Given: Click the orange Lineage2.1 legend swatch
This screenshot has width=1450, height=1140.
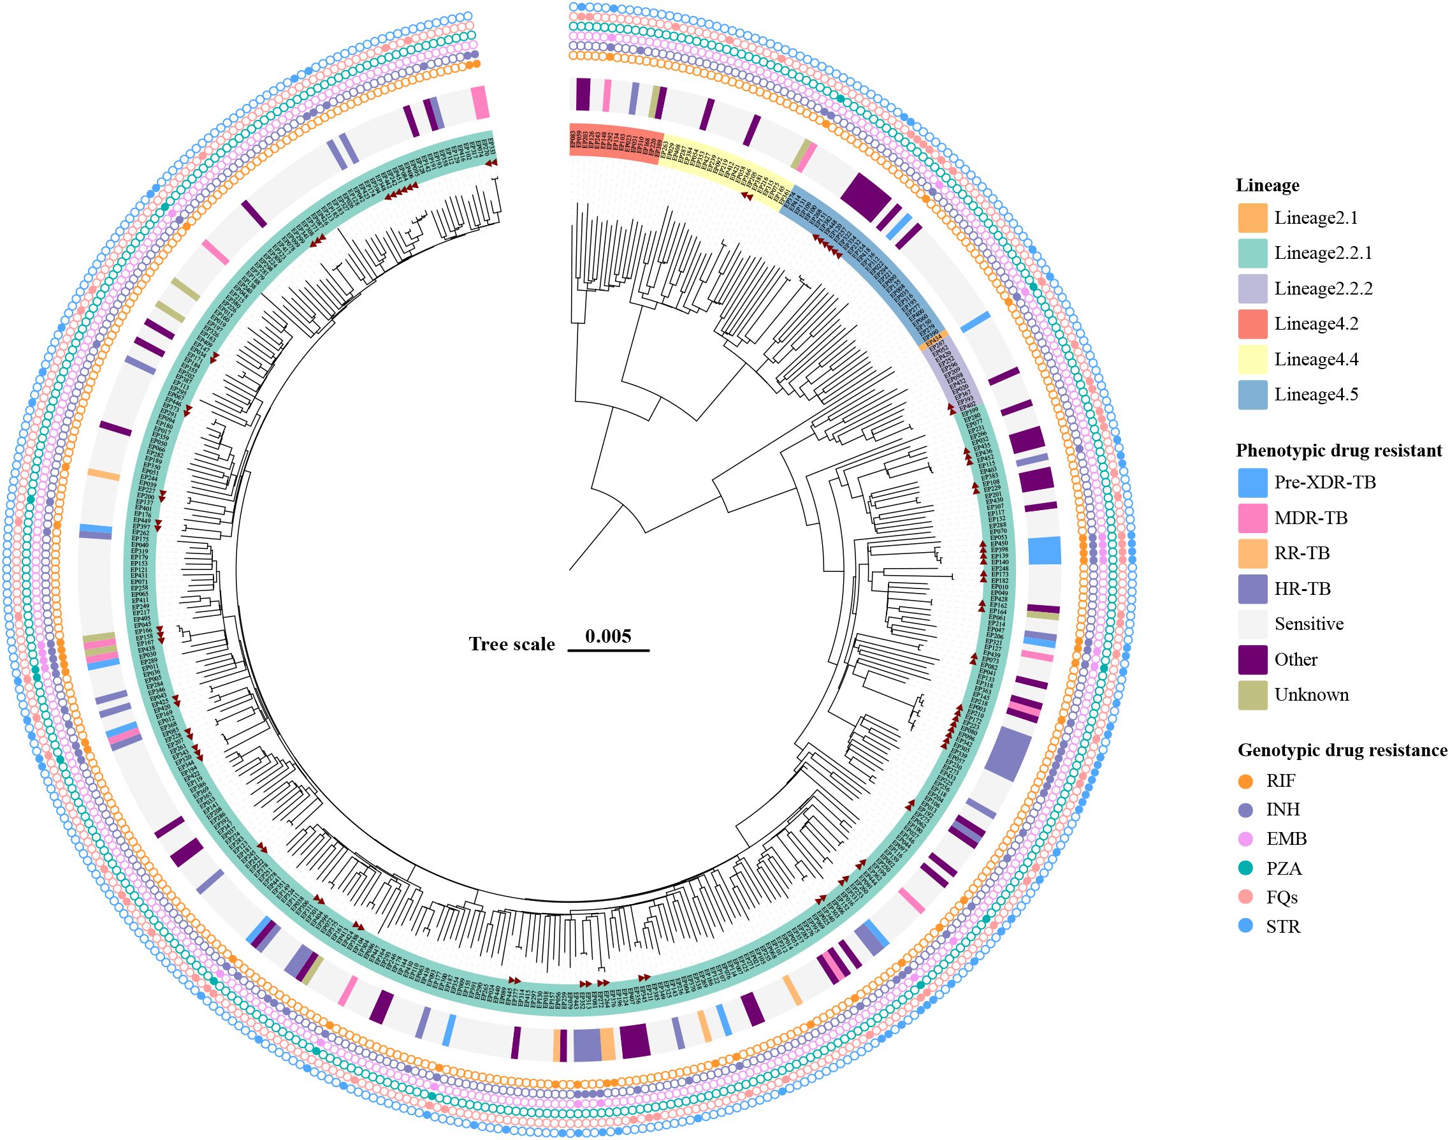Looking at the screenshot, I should (x=1252, y=218).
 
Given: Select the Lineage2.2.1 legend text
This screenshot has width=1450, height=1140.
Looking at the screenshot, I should (x=1323, y=254).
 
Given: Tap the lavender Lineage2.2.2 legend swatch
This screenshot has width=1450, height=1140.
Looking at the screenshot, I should (x=1252, y=289).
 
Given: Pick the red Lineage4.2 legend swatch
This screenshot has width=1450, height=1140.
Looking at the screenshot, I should (x=1252, y=324).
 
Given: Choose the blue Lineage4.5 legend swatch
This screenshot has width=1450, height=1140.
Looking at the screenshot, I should (x=1252, y=395).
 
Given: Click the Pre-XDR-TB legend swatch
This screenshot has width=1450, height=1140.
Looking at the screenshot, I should (x=1252, y=483).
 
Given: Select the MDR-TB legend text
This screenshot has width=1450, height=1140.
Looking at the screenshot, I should (x=1310, y=518).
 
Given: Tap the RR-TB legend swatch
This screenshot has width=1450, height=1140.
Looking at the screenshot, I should (x=1252, y=553).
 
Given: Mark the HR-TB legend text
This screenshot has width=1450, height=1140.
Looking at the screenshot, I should (x=1302, y=588).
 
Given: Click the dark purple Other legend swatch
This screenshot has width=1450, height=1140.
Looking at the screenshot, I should (x=1252, y=659).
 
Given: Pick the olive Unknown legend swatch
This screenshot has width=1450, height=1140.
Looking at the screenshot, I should (x=1252, y=695).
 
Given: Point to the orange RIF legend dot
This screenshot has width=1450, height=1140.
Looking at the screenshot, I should (x=1245, y=781).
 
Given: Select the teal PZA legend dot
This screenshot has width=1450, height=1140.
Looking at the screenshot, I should (x=1245, y=868).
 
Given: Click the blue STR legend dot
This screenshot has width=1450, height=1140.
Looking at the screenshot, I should (x=1245, y=926).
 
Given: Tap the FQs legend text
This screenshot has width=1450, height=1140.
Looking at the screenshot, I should (x=1282, y=898).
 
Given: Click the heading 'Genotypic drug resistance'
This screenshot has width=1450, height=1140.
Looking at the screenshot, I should (x=1342, y=750).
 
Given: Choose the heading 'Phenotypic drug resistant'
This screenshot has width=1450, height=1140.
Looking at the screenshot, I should (x=1338, y=451).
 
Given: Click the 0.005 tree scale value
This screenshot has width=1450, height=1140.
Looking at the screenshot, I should (x=608, y=636).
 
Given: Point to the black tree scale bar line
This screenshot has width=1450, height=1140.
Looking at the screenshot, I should (x=608, y=650).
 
